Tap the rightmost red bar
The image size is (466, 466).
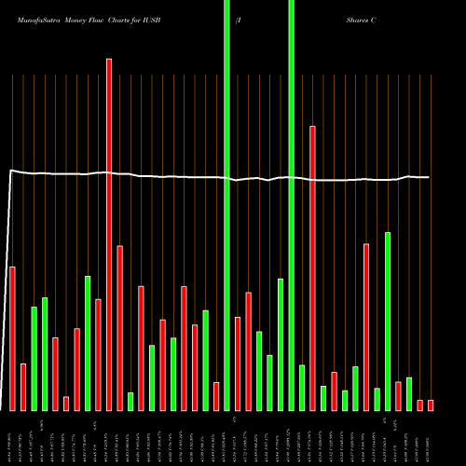click(x=431, y=404)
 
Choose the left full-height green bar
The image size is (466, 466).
click(x=227, y=205)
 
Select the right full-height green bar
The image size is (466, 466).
click(x=292, y=205)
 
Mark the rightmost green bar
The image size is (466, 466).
click(x=409, y=393)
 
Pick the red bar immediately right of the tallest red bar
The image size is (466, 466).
click(x=120, y=327)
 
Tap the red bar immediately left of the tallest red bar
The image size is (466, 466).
click(x=99, y=354)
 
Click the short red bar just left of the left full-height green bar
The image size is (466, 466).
click(x=216, y=396)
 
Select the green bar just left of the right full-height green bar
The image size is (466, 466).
click(x=281, y=344)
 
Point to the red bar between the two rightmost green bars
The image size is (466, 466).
click(x=399, y=396)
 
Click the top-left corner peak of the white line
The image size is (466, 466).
click(x=10, y=171)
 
